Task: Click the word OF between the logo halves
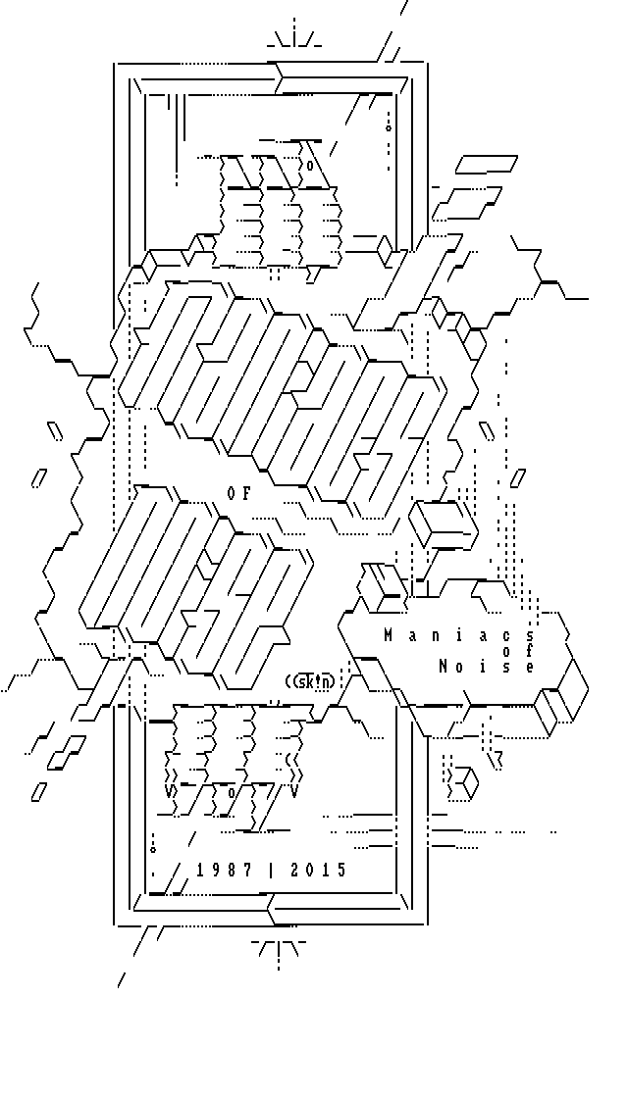click(x=238, y=494)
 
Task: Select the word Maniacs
click(x=458, y=635)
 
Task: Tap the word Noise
click(x=487, y=667)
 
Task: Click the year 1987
click(x=225, y=870)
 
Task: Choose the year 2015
click(x=319, y=870)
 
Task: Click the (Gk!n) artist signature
click(x=309, y=681)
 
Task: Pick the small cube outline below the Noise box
click(x=462, y=781)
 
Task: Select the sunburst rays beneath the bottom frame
click(x=280, y=948)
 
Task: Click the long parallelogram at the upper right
click(x=487, y=164)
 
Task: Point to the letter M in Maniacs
click(x=389, y=635)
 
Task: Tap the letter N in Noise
click(x=444, y=667)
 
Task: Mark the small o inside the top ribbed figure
click(x=310, y=165)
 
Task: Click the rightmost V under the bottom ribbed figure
click(x=294, y=791)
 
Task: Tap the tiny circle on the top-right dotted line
click(x=389, y=125)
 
